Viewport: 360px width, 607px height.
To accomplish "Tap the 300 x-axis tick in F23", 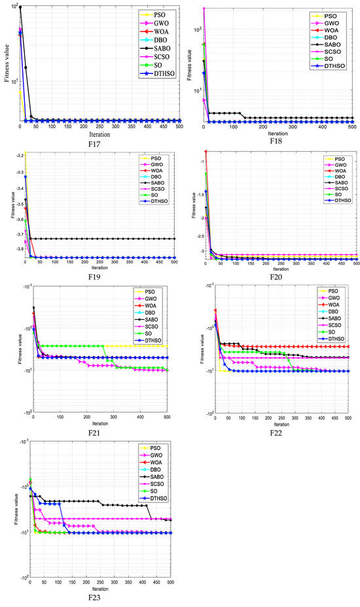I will tap(114, 581).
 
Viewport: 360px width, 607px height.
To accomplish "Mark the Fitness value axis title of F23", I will tap(15, 512).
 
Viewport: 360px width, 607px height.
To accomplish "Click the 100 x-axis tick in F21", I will tap(60, 417).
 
